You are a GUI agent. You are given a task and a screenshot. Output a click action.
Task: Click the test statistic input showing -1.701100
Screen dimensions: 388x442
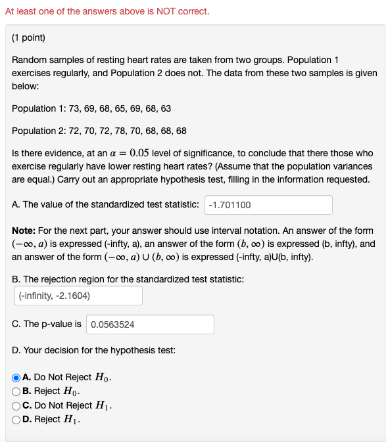(x=268, y=205)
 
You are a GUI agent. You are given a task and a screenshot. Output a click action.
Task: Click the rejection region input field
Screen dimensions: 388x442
(x=78, y=296)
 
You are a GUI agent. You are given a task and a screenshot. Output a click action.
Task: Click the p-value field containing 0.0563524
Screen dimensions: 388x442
(x=150, y=324)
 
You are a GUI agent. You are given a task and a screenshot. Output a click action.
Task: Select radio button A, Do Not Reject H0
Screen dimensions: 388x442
(x=16, y=378)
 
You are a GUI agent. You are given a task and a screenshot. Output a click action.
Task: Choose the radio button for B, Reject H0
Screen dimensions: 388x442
(x=16, y=391)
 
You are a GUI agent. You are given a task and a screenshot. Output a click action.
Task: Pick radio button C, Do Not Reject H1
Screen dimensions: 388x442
(x=16, y=405)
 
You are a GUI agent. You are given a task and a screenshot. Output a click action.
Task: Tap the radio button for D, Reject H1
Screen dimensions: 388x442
(x=16, y=419)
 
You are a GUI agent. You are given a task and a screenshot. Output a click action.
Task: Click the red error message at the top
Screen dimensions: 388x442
(x=107, y=12)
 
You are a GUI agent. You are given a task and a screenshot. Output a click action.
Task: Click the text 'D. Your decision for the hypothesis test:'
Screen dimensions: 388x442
(x=93, y=350)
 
